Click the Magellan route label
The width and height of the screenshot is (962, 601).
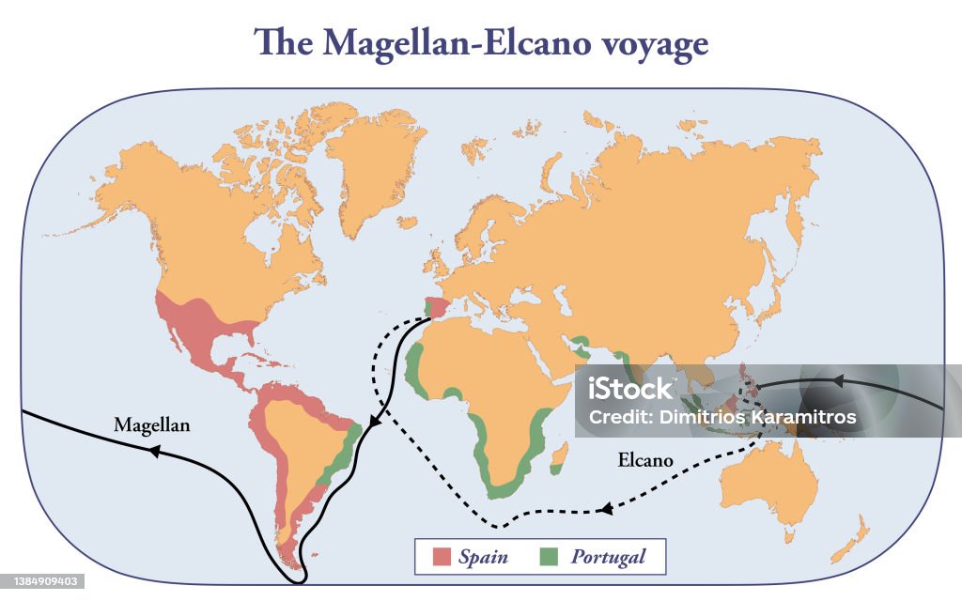[151, 425]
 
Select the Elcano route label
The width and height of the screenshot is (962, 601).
[645, 460]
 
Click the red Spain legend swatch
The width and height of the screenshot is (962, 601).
[442, 557]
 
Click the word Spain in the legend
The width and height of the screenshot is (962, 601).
[483, 557]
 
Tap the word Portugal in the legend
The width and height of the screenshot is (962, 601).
[608, 557]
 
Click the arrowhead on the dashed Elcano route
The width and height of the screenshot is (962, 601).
[607, 509]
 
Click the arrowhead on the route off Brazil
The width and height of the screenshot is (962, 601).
[374, 424]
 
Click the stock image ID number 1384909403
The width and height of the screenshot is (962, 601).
[44, 582]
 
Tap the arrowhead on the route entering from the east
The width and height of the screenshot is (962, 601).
[835, 381]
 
